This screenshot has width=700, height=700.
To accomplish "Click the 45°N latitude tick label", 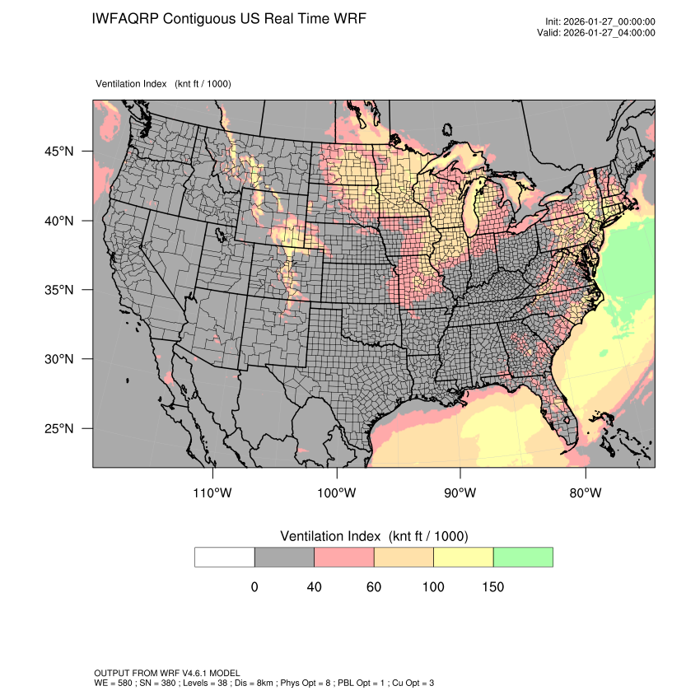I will [59, 152].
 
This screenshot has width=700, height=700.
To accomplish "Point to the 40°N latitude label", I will [59, 221].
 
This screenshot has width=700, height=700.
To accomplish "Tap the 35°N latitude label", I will [59, 290].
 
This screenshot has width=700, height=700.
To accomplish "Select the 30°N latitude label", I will [59, 359].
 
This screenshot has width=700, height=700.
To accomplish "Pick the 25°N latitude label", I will [59, 428].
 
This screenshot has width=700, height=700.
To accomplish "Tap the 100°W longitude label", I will [337, 493].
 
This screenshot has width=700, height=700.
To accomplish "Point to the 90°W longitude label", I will [460, 493].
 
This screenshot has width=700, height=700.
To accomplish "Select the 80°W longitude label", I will [585, 493].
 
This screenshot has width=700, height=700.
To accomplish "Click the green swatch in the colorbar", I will [523, 557].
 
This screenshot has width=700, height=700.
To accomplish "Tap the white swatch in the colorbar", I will [225, 557].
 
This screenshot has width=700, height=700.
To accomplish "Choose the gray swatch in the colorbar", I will [284, 557].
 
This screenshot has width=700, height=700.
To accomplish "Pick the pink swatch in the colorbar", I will [344, 557].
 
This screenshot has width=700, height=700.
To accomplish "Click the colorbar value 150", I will [492, 587].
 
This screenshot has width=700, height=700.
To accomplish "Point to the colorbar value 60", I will [374, 587].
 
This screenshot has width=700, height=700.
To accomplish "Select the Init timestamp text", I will [600, 21].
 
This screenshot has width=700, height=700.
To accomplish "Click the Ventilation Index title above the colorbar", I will [374, 536].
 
